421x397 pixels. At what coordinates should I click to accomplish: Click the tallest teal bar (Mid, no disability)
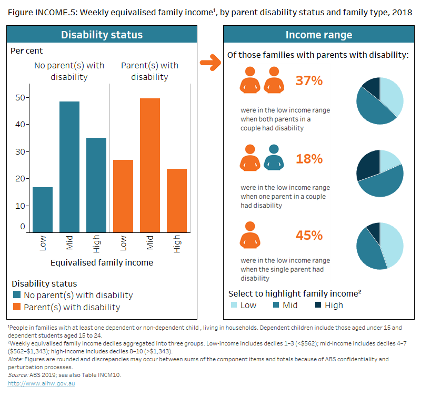[69, 166]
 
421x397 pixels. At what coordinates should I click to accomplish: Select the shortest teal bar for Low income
[43, 209]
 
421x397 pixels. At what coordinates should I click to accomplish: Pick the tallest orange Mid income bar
[150, 165]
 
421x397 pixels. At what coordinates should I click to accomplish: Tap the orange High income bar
[177, 200]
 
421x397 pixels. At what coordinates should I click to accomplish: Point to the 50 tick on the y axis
[21, 97]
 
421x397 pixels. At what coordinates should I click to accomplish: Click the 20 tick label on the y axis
[21, 179]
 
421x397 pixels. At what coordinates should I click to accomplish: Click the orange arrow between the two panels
[210, 64]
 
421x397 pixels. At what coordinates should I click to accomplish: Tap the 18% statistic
[309, 158]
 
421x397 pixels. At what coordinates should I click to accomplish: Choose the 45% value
[309, 235]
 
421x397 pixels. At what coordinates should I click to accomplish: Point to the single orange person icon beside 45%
[250, 236]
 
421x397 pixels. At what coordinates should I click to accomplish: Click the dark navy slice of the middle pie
[367, 164]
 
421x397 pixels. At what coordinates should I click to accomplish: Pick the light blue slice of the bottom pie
[393, 245]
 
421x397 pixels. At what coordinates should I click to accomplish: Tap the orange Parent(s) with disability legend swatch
[17, 307]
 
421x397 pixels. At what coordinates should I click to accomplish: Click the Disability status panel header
[102, 35]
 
